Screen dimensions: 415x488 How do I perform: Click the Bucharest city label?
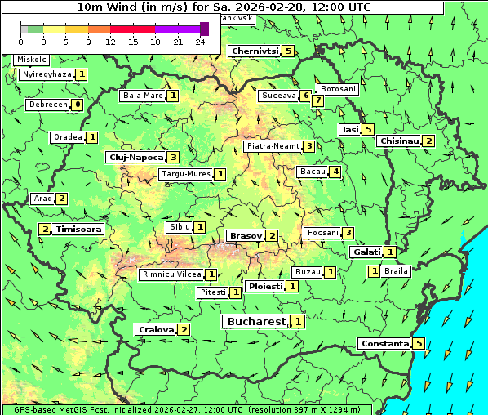pos(256,322)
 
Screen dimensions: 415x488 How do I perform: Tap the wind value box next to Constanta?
pos(419,343)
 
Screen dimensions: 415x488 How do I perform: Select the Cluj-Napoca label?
pos(135,157)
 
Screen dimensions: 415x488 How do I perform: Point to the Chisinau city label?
pos(399,141)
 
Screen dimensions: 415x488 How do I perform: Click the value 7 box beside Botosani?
pos(318,100)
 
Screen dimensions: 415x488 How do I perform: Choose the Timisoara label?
pos(79,230)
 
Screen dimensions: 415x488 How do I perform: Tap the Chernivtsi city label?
pos(255,51)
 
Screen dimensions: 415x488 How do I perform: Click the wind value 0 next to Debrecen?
pos(77,105)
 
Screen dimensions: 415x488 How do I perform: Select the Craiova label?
pos(156,329)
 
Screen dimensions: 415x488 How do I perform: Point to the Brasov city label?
pos(246,235)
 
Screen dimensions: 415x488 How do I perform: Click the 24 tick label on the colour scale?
pos(200,42)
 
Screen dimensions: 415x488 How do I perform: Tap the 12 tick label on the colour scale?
pos(110,42)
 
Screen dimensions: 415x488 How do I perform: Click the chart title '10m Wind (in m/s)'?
pos(224,7)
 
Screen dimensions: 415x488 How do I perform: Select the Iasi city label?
pos(350,129)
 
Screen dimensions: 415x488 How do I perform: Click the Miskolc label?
pos(32,60)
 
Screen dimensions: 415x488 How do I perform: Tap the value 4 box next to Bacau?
pos(335,172)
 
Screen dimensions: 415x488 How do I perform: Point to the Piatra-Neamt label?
pos(273,146)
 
